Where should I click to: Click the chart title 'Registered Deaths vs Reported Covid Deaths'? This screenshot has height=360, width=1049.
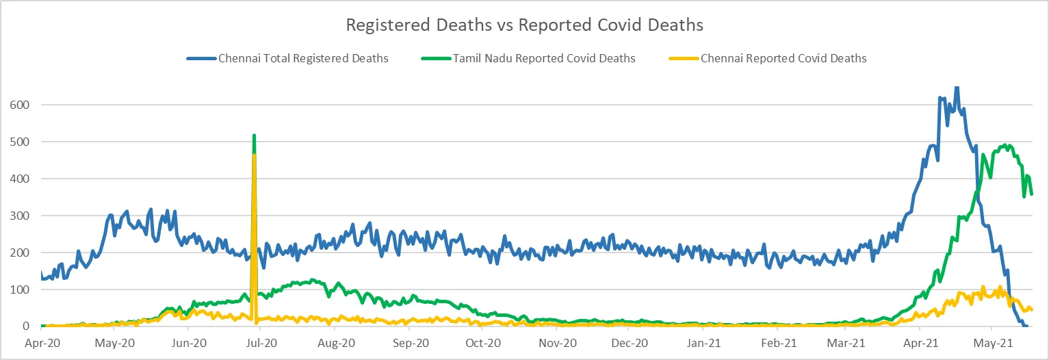524,25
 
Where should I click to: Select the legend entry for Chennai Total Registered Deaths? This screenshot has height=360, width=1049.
303,59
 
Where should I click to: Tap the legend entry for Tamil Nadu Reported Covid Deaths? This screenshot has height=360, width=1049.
544,59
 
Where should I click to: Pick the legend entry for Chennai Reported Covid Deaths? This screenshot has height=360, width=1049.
783,59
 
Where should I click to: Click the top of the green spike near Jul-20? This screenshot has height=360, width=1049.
254,136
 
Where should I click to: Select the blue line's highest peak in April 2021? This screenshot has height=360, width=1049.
957,87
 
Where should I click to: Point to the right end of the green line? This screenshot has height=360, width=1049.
1031,194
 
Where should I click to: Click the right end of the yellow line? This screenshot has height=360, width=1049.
1031,310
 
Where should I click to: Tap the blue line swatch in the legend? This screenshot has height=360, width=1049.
201,59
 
